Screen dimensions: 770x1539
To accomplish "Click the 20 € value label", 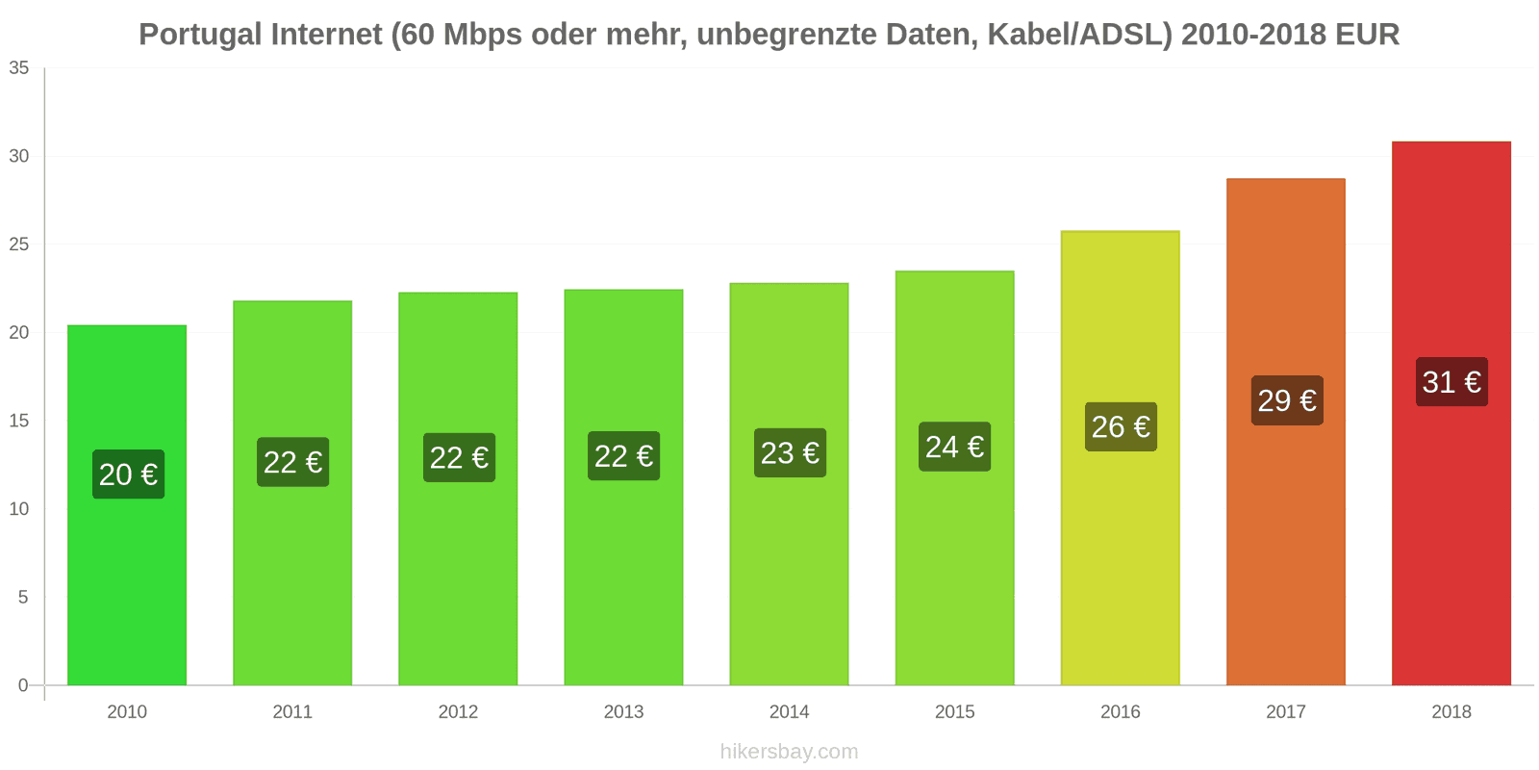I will (x=128, y=475).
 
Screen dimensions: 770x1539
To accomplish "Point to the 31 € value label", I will (x=1451, y=382).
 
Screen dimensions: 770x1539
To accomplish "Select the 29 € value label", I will (x=1287, y=400).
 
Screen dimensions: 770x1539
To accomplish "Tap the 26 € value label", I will (x=1121, y=426).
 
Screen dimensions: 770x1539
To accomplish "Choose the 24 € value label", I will (x=954, y=447).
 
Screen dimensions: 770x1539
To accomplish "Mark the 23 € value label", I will (x=790, y=453).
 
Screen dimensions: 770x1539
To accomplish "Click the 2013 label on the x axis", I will (x=623, y=712).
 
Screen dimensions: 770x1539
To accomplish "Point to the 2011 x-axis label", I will (x=292, y=712).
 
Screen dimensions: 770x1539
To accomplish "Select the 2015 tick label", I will (x=954, y=712).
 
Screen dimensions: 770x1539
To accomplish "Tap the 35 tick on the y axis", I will (x=19, y=68).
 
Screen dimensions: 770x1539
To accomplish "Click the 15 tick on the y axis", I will (x=19, y=421).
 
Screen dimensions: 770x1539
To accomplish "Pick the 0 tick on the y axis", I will (x=23, y=685).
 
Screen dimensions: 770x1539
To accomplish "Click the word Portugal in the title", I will (x=200, y=35).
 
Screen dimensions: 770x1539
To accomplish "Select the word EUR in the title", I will (x=1367, y=35).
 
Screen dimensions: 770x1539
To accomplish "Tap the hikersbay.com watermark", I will (x=789, y=752).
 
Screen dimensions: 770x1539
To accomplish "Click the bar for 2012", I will (x=458, y=577).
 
